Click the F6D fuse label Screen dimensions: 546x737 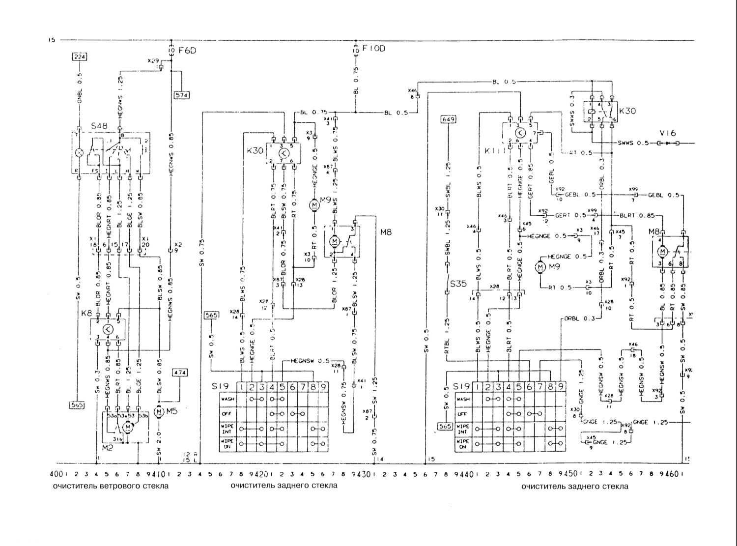tap(187, 50)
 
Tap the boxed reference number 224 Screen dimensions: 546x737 tap(80, 57)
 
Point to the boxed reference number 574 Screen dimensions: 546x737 tap(182, 95)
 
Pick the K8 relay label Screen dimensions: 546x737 tap(86, 313)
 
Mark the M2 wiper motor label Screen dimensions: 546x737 tap(108, 448)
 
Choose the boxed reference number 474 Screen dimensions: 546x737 tap(179, 373)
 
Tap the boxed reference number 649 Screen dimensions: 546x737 tap(449, 119)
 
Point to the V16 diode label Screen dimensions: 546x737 tap(668, 133)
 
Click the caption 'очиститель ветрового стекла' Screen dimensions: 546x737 tap(111, 486)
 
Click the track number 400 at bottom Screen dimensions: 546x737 tap(56, 474)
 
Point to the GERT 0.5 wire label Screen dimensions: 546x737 tap(570, 215)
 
